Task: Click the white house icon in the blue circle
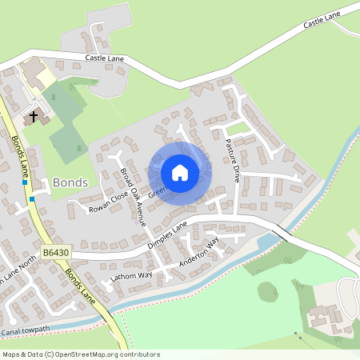point(180,173)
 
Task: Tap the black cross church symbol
point(34,117)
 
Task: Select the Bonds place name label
point(69,182)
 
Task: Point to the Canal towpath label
point(26,330)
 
